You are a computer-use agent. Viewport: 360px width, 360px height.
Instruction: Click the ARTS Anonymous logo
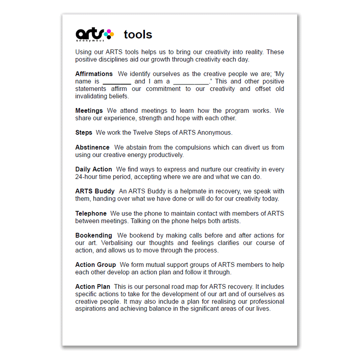[x=95, y=35]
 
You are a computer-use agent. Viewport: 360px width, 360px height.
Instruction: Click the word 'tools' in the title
[x=138, y=35]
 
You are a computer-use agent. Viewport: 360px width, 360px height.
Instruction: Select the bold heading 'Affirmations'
[x=94, y=74]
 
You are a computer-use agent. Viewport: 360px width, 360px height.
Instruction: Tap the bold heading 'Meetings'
[x=89, y=111]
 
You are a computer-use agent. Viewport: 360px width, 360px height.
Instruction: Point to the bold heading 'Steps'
[x=84, y=132]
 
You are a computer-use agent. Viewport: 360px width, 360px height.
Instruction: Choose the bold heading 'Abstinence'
[x=92, y=147]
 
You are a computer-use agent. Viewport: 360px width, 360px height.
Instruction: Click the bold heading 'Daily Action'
[x=94, y=169]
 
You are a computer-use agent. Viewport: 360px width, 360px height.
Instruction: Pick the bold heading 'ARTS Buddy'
[x=95, y=191]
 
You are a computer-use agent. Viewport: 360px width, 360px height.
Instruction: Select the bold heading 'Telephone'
[x=91, y=213]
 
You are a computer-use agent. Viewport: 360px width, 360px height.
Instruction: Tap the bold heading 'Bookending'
[x=94, y=235]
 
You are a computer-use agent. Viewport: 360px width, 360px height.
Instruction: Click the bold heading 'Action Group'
[x=96, y=264]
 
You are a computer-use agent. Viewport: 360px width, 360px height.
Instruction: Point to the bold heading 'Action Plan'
[x=93, y=287]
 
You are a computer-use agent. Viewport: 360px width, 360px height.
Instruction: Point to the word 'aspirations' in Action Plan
[x=91, y=309]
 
